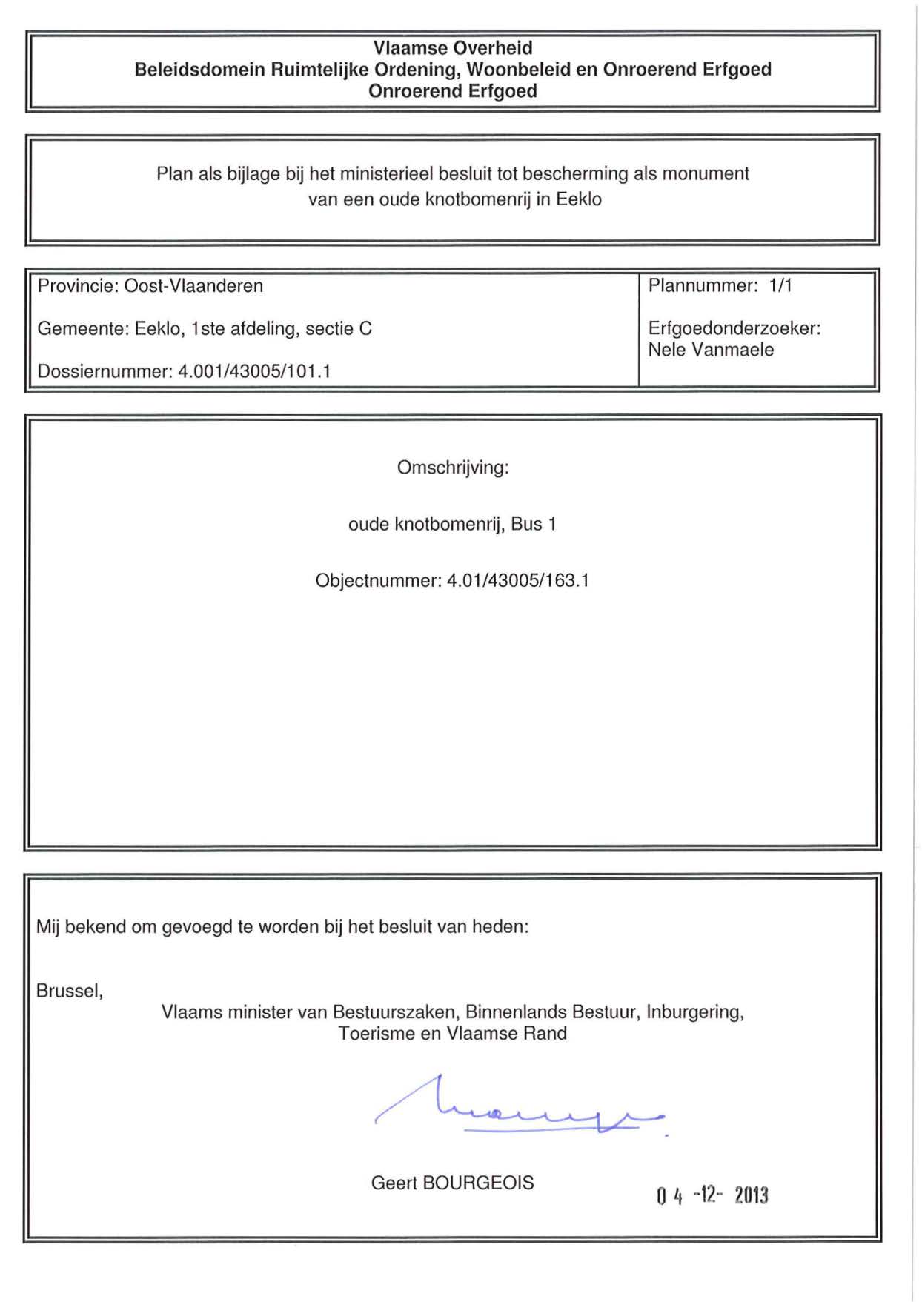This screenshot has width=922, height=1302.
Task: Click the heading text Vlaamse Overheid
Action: tap(452, 48)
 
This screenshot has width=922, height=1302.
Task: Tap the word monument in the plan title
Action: tap(705, 174)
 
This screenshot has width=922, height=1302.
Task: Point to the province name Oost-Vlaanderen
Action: tap(193, 286)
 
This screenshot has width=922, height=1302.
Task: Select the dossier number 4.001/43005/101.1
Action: tap(254, 371)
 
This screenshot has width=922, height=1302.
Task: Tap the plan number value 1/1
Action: tap(780, 286)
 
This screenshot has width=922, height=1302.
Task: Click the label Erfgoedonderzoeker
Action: tap(734, 328)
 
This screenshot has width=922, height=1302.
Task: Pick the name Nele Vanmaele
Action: tap(711, 350)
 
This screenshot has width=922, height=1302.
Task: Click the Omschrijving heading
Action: tap(453, 468)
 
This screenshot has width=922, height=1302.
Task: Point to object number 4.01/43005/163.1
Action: tap(518, 581)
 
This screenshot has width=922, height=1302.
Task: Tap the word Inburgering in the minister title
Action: tap(694, 1012)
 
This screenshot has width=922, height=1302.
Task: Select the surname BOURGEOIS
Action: tap(478, 1183)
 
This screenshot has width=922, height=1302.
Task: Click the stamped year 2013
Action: tap(752, 1195)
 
